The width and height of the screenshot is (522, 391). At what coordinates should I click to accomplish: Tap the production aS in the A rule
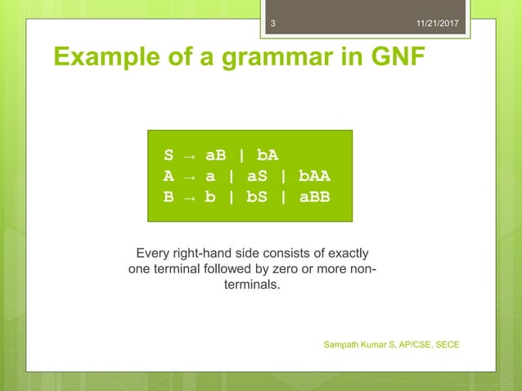[258, 176]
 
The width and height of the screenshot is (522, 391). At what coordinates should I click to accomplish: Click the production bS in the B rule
[258, 196]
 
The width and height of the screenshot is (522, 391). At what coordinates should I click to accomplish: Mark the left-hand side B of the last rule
[169, 196]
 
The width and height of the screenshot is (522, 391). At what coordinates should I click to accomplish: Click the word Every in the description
[153, 254]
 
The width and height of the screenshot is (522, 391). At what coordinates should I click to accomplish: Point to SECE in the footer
[445, 344]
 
